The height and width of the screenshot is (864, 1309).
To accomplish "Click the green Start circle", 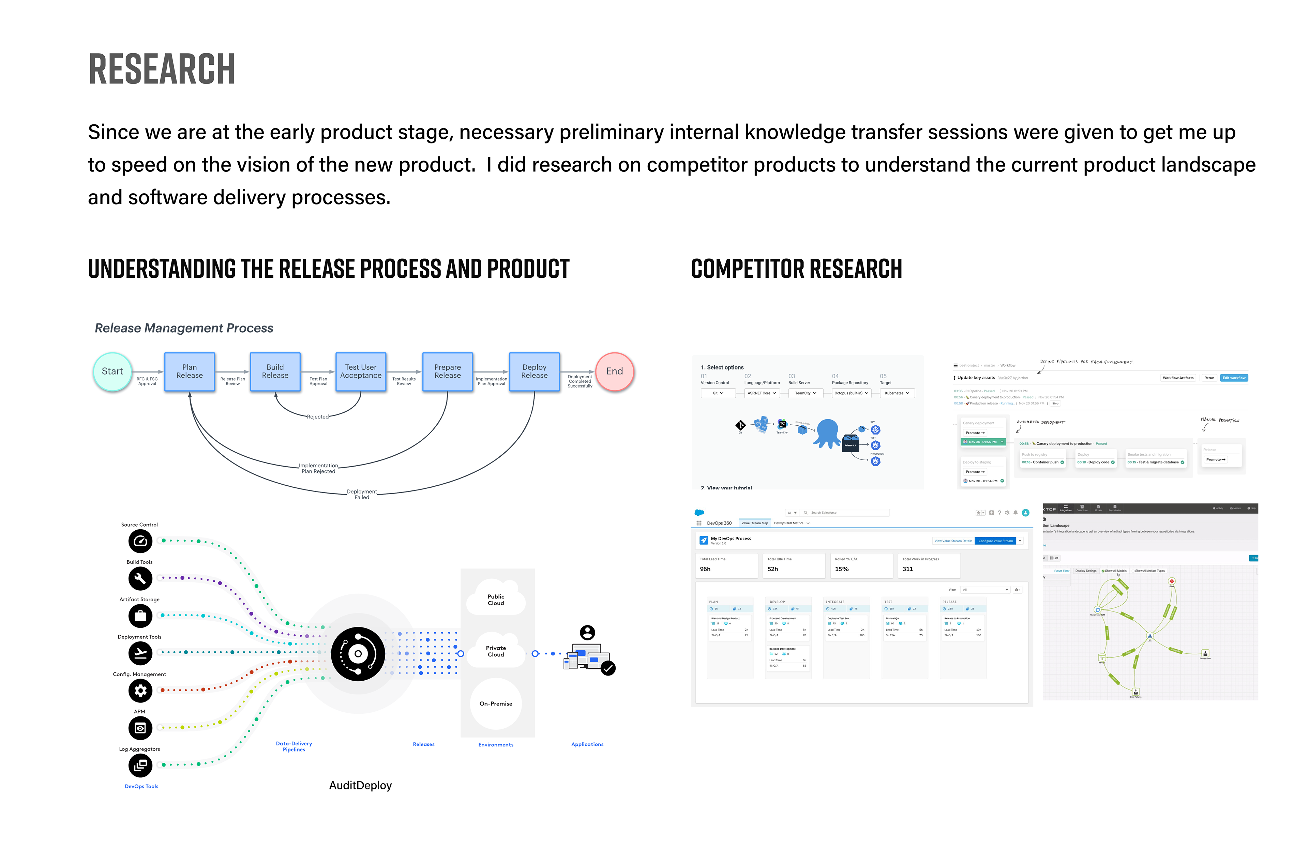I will pos(112,372).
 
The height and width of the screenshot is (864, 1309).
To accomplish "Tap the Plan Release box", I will pos(190,372).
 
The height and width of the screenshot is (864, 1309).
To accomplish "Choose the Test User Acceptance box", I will pos(361,372).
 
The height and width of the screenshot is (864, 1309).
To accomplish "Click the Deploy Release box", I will pos(534,372).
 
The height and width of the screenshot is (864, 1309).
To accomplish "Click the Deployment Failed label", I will pos(362,494).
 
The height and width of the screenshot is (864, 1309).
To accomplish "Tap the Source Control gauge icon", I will pos(140,542).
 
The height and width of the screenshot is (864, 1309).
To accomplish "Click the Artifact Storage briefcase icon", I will pos(140,616).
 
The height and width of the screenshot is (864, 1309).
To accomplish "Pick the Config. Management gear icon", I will pos(140,691).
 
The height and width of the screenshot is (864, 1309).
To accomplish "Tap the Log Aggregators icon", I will pos(140,766).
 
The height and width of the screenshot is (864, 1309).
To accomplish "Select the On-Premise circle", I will pos(496,704).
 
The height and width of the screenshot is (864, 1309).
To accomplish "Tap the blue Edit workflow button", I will pos(1233,378).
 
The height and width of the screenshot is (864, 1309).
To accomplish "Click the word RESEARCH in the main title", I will pos(162,70).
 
